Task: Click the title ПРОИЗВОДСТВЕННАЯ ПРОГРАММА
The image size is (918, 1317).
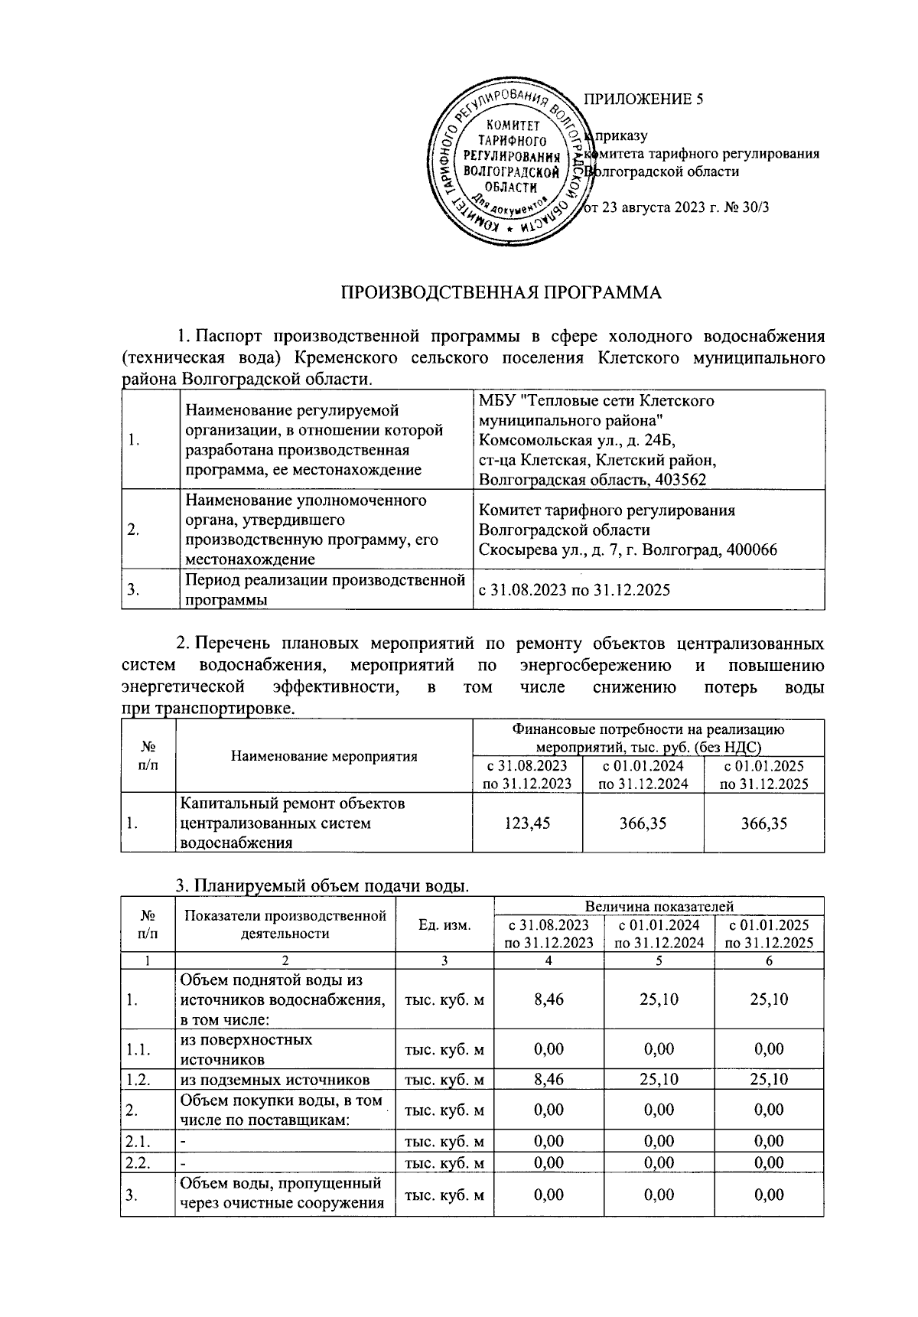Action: pos(500,292)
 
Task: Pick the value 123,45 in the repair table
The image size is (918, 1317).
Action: pos(527,823)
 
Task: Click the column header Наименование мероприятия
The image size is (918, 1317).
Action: pos(324,756)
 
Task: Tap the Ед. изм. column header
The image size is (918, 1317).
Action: pos(444,925)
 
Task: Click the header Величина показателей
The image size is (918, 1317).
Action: pos(659,906)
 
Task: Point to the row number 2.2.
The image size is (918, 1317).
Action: pos(138,1162)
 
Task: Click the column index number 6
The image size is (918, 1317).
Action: pos(769,961)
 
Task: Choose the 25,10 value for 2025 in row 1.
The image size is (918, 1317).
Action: pos(769,999)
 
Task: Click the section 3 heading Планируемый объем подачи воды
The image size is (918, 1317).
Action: pos(321,886)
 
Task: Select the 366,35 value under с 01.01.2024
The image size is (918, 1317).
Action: pos(643,823)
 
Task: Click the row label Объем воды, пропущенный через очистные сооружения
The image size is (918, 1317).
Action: pos(282,1195)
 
